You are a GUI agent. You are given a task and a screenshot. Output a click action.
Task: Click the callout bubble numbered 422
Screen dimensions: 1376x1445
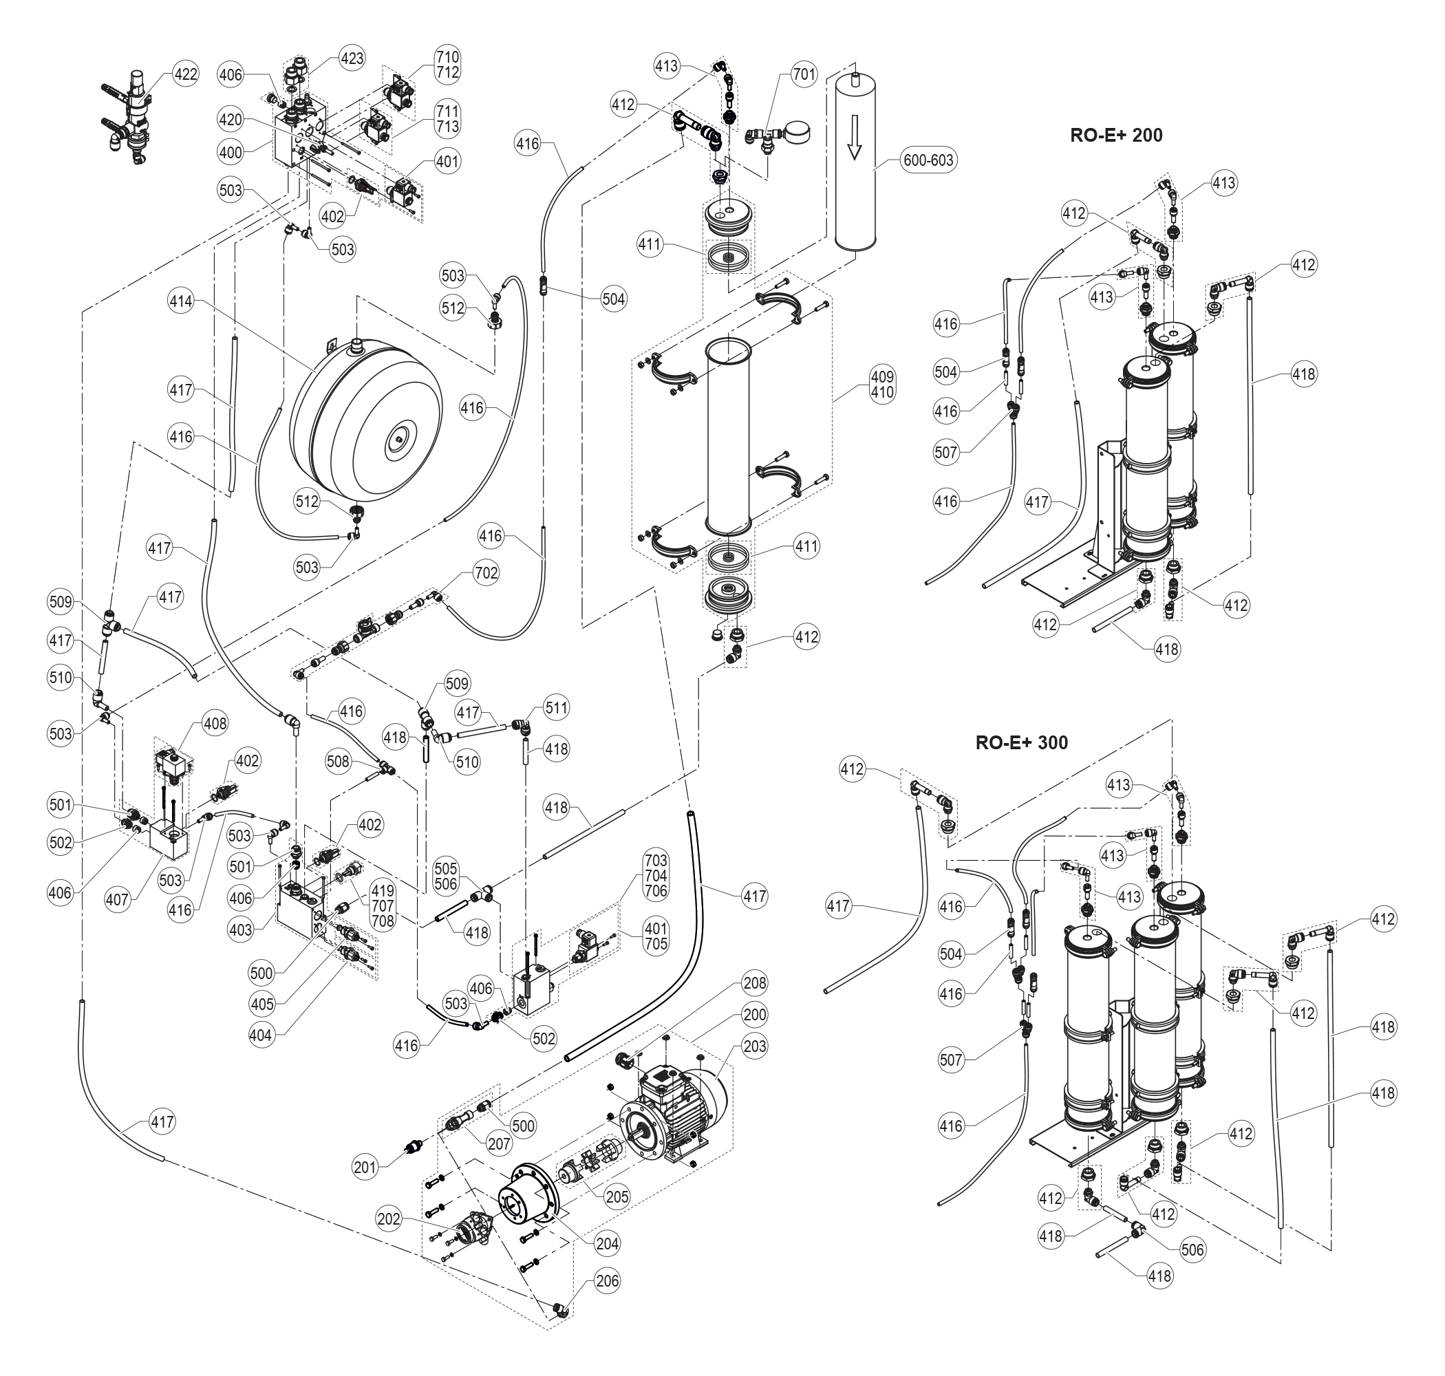pyautogui.click(x=185, y=74)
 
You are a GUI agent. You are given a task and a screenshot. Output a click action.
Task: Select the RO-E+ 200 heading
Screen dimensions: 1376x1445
pyautogui.click(x=1115, y=135)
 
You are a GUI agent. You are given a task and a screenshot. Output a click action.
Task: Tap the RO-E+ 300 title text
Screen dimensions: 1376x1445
pyautogui.click(x=1021, y=742)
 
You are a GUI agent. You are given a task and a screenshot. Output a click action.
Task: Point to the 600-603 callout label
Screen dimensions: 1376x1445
pyautogui.click(x=928, y=160)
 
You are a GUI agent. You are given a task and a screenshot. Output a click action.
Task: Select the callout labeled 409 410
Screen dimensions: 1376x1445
pyautogui.click(x=881, y=385)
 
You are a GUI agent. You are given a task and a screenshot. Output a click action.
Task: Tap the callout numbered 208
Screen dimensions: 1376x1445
pyautogui.click(x=755, y=983)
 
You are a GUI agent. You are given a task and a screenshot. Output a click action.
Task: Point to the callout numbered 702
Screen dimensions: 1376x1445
pyautogui.click(x=486, y=573)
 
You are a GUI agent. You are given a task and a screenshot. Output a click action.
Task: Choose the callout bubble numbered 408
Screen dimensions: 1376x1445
pyautogui.click(x=215, y=723)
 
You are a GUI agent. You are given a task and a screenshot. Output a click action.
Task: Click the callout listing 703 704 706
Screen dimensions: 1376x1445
pyautogui.click(x=656, y=875)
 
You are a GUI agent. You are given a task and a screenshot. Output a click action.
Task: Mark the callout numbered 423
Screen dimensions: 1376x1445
pyautogui.click(x=352, y=58)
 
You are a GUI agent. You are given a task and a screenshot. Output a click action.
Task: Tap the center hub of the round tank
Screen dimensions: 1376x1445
pyautogui.click(x=397, y=440)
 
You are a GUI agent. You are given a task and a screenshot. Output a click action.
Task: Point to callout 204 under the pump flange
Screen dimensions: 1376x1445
pyautogui.click(x=608, y=1243)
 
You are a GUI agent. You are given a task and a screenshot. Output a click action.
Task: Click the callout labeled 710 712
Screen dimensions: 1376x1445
pyautogui.click(x=447, y=65)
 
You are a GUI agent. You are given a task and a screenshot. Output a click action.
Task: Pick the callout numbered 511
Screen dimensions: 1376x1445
pyautogui.click(x=556, y=708)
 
